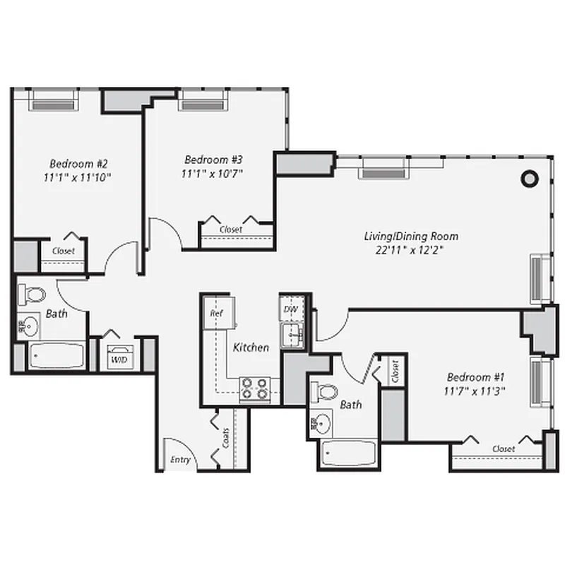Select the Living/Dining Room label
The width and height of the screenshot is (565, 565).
[411, 236]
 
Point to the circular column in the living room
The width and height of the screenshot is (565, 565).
[529, 179]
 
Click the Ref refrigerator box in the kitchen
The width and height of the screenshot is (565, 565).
[215, 312]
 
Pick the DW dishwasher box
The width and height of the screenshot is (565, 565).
[290, 309]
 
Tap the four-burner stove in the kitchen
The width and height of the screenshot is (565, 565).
[255, 388]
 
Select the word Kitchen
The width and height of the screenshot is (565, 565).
[251, 347]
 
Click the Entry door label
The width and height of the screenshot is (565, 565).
[180, 460]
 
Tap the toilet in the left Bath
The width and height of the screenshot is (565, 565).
[32, 294]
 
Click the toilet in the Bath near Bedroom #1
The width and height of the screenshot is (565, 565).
[326, 391]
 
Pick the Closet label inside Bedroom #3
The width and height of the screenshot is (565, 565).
[230, 230]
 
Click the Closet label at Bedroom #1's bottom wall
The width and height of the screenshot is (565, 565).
[504, 448]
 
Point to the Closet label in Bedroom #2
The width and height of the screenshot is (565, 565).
[64, 251]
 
